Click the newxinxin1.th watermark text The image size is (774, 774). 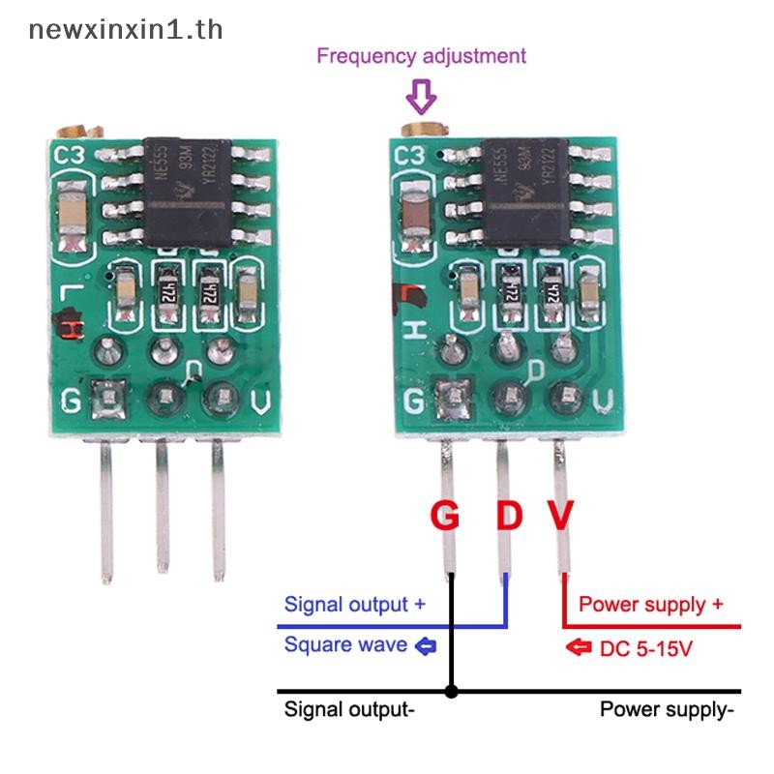click(126, 29)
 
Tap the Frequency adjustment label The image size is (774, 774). click(421, 55)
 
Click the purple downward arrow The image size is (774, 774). click(421, 97)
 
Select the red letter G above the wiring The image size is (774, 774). click(444, 516)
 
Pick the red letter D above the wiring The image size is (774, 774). click(509, 516)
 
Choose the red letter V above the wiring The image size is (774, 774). click(561, 516)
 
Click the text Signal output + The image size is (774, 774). click(354, 605)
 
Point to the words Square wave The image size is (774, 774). click(345, 644)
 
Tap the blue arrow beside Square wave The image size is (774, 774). click(425, 645)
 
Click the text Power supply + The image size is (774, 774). click(650, 605)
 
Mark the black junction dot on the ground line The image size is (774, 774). click(451, 692)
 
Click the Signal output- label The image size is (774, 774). click(349, 709)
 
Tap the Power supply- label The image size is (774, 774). click(667, 709)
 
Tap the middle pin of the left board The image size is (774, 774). click(163, 508)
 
